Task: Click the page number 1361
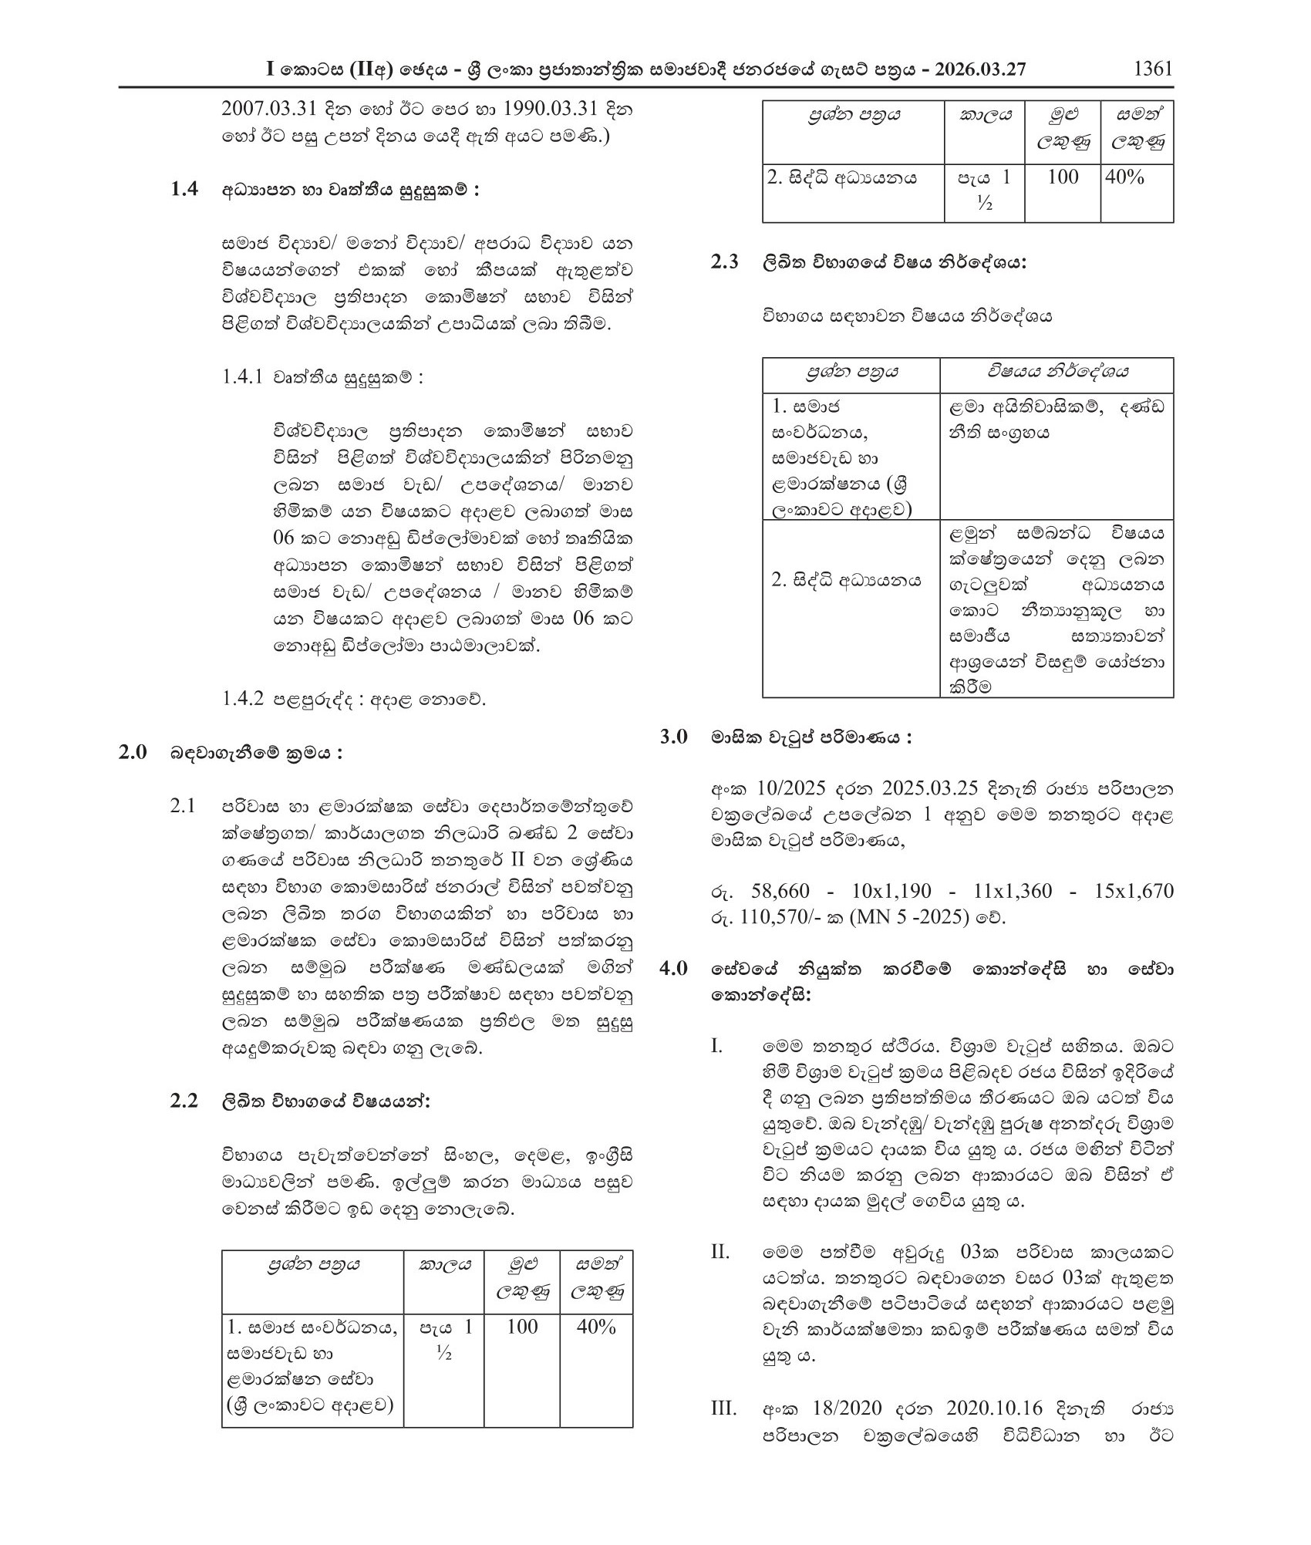pyautogui.click(x=1153, y=68)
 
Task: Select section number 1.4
pyautogui.click(x=184, y=190)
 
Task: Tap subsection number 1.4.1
pyautogui.click(x=242, y=376)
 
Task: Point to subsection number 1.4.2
pyautogui.click(x=243, y=699)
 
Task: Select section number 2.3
pyautogui.click(x=724, y=262)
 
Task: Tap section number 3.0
pyautogui.click(x=673, y=737)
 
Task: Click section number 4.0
pyautogui.click(x=673, y=968)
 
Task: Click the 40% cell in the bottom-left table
pyautogui.click(x=596, y=1327)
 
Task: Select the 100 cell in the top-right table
pyautogui.click(x=1062, y=177)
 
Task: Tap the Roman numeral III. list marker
pyautogui.click(x=723, y=1408)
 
